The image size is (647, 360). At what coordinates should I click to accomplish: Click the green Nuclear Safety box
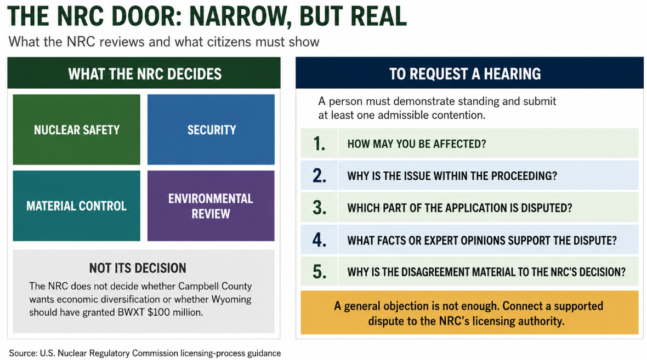click(76, 129)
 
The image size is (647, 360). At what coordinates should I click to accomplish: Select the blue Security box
click(211, 129)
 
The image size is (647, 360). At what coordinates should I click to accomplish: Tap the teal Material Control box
click(76, 206)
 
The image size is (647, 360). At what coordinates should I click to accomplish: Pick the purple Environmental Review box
click(211, 206)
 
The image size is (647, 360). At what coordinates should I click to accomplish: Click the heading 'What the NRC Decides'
click(145, 74)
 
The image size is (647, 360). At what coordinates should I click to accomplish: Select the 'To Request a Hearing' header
click(465, 74)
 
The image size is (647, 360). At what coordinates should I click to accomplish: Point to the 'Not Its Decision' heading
click(138, 268)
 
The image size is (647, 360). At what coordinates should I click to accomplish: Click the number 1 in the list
click(319, 144)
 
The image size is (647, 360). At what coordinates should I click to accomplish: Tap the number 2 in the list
click(319, 176)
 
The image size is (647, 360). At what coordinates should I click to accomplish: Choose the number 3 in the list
click(319, 208)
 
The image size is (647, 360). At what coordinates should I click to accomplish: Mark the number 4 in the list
click(319, 239)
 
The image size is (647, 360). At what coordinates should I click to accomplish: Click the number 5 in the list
click(319, 272)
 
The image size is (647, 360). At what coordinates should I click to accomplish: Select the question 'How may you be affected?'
click(417, 144)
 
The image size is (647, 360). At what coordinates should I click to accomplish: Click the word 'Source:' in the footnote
click(23, 353)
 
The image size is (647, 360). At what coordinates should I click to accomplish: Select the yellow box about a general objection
click(469, 312)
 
